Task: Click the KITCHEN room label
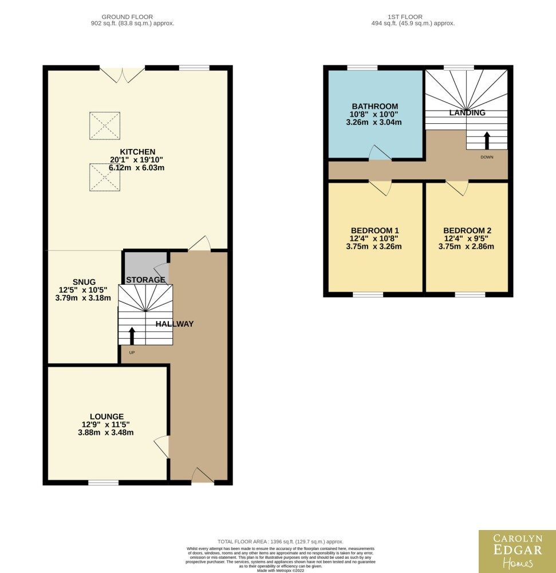[x=137, y=152]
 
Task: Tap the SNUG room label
[x=84, y=282]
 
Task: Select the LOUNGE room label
[x=107, y=417]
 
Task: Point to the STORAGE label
[x=145, y=280]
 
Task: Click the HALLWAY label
[x=175, y=324]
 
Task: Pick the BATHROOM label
[x=375, y=107]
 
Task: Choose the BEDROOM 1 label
[x=375, y=230]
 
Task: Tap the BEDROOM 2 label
[x=467, y=230]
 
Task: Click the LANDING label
[x=467, y=112]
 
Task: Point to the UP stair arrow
[x=132, y=336]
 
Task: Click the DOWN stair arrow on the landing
[x=487, y=141]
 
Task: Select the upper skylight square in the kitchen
[x=105, y=125]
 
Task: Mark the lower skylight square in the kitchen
[x=105, y=177]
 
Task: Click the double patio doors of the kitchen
[x=123, y=74]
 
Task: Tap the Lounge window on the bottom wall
[x=103, y=482]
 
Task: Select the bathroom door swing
[x=380, y=152]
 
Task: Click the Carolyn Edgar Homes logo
[x=517, y=551]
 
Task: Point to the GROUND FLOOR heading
[x=127, y=17]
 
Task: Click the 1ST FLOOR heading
[x=405, y=17]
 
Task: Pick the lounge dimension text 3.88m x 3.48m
[x=105, y=433]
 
